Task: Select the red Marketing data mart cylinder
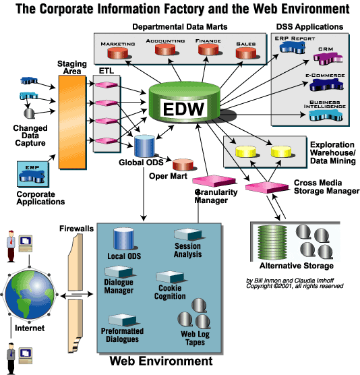pyautogui.click(x=117, y=53)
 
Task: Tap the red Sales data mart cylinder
pyautogui.click(x=246, y=53)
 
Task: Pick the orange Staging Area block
pyautogui.click(x=72, y=123)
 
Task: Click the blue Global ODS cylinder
pyautogui.click(x=144, y=146)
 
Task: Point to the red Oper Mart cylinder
pyautogui.click(x=183, y=165)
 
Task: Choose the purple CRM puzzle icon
pyautogui.click(x=328, y=59)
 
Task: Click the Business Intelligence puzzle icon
pyautogui.click(x=326, y=115)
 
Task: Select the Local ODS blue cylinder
pyautogui.click(x=123, y=239)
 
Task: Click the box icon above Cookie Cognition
pyautogui.click(x=170, y=277)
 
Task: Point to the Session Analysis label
pyautogui.click(x=187, y=250)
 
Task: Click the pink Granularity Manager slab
pyautogui.click(x=214, y=181)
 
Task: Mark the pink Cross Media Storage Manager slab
pyautogui.click(x=267, y=187)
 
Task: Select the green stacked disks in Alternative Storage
pyautogui.click(x=272, y=243)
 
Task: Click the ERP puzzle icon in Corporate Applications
pyautogui.click(x=32, y=176)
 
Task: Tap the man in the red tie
pyautogui.click(x=11, y=246)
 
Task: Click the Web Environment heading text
pyautogui.click(x=161, y=361)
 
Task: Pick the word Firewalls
pyautogui.click(x=76, y=229)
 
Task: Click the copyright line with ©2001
pyautogui.click(x=295, y=286)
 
